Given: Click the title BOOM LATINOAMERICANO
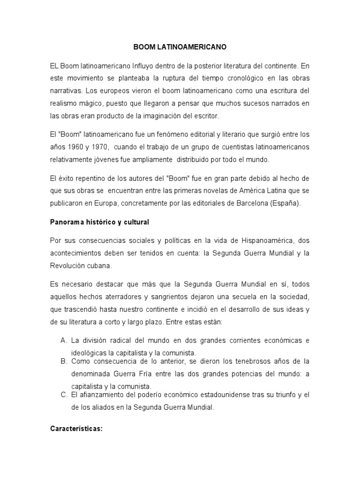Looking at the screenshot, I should [180, 47].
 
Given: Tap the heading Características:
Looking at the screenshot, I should [76, 428].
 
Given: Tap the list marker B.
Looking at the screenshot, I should [64, 361].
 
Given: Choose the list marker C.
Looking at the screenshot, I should [64, 395].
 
